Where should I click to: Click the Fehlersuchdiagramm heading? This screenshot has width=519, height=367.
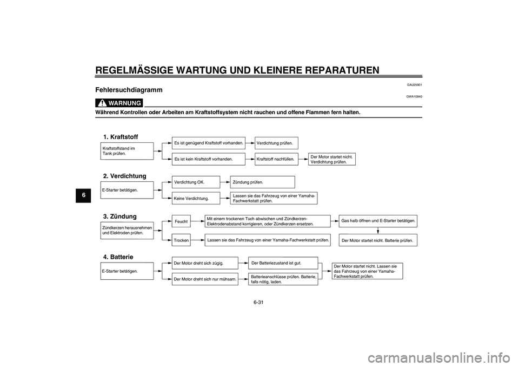pos(129,90)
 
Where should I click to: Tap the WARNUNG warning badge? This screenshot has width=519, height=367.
pos(119,103)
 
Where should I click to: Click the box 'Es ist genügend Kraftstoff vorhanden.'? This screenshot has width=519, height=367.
pos(209,143)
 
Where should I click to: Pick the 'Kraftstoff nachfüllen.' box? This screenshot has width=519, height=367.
pos(276,160)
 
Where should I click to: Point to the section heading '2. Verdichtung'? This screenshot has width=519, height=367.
pos(124,176)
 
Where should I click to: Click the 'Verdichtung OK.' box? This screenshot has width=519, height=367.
pos(196,182)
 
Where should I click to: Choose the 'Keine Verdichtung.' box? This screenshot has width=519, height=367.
pos(196,199)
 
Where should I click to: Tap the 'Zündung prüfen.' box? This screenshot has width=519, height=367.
pos(262,182)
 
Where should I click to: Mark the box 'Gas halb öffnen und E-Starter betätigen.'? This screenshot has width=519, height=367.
pos(378,221)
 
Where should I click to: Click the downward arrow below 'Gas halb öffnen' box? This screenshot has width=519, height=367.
pos(377,230)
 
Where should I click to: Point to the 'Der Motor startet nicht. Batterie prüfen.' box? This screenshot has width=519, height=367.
pos(378,240)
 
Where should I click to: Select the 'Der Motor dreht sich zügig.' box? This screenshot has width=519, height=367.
pos(205,264)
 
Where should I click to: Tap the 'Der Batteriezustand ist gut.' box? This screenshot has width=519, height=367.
pos(283,263)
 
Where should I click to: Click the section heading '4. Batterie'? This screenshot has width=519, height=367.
pos(118,256)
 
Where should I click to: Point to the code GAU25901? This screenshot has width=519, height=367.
pos(414,85)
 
